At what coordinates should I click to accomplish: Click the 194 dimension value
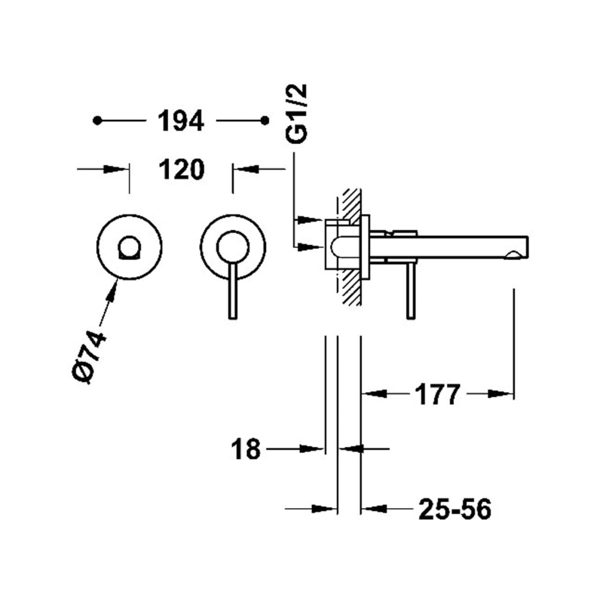click(181, 121)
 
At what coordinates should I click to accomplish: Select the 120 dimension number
click(181, 170)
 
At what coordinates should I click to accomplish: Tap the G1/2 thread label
click(297, 114)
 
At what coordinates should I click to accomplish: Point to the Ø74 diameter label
click(89, 357)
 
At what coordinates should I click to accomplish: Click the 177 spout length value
click(437, 394)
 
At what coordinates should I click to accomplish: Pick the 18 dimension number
click(246, 448)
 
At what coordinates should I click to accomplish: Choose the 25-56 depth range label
click(455, 510)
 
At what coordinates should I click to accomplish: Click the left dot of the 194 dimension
click(97, 121)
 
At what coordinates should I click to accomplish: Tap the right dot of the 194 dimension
click(265, 121)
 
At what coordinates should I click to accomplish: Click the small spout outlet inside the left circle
click(130, 247)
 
